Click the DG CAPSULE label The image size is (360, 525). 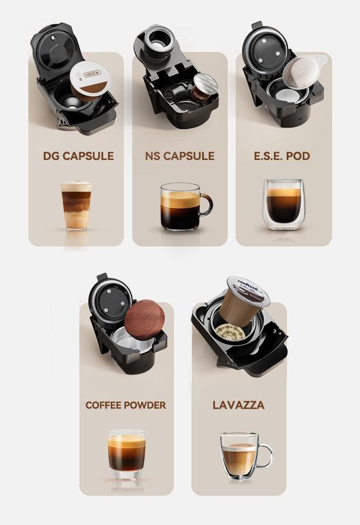pos(78,156)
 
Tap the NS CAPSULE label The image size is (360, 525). pos(179,156)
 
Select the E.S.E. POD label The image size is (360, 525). pos(282,156)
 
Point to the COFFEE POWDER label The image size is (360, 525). pos(126,405)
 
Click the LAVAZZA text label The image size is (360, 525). pos(238,405)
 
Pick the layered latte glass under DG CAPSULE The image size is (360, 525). pos(76,205)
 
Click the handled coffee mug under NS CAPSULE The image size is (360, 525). pos(181,206)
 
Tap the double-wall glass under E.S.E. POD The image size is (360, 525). pos(284,204)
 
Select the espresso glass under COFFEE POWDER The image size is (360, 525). pos(126,453)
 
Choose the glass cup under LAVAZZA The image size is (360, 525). pos(240,455)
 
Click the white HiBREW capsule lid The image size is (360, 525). pos(90,78)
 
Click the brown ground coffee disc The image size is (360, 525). pos(145,319)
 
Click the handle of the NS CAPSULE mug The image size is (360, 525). pos(207,204)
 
